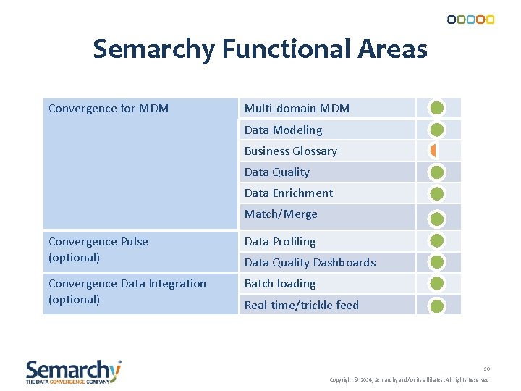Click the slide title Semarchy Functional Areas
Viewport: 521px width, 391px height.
pyautogui.click(x=260, y=49)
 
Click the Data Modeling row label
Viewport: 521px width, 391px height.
pyautogui.click(x=283, y=130)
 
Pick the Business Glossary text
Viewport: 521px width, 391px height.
pyautogui.click(x=290, y=151)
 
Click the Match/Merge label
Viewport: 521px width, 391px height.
pyautogui.click(x=281, y=214)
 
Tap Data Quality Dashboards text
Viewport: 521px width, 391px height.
pyautogui.click(x=310, y=263)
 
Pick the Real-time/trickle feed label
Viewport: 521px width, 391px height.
pyautogui.click(x=301, y=306)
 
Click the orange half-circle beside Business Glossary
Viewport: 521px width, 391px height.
pyautogui.click(x=433, y=151)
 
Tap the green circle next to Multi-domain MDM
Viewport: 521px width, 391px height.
pyautogui.click(x=437, y=109)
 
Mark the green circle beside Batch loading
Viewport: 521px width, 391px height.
pyautogui.click(x=437, y=284)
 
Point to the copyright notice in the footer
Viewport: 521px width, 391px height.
pyautogui.click(x=409, y=379)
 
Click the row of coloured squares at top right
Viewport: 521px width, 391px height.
pyautogui.click(x=470, y=20)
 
